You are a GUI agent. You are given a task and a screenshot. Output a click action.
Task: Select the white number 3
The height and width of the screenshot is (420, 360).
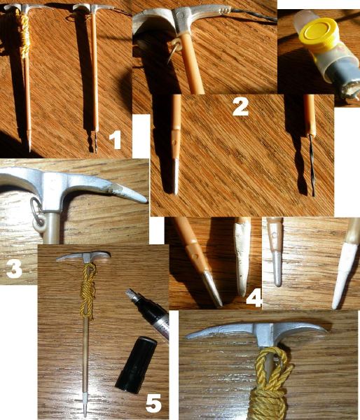(x=15, y=269)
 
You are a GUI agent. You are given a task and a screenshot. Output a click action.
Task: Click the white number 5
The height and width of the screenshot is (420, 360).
(x=153, y=403)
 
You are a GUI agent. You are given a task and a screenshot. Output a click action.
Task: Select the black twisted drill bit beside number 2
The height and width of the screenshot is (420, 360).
(x=312, y=164)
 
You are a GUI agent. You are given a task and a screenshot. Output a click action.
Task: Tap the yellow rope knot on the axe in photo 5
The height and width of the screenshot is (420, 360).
(x=88, y=290)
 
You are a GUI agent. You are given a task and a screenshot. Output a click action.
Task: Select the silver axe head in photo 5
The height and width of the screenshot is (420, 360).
(x=83, y=256)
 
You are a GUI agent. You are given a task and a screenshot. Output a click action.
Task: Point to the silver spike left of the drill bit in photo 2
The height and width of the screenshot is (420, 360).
(x=175, y=176)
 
